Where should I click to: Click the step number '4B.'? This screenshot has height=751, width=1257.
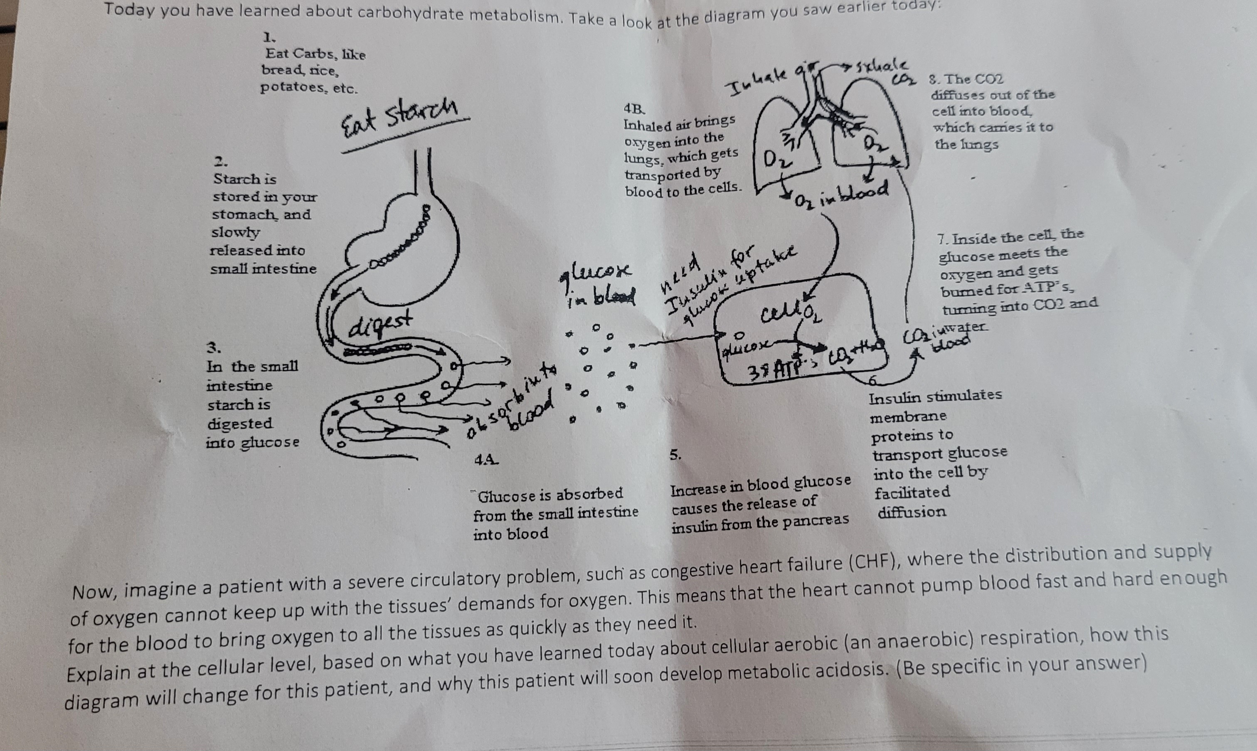click(634, 108)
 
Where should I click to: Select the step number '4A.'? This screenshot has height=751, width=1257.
click(486, 460)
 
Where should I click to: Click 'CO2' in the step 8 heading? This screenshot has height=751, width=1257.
click(989, 79)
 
